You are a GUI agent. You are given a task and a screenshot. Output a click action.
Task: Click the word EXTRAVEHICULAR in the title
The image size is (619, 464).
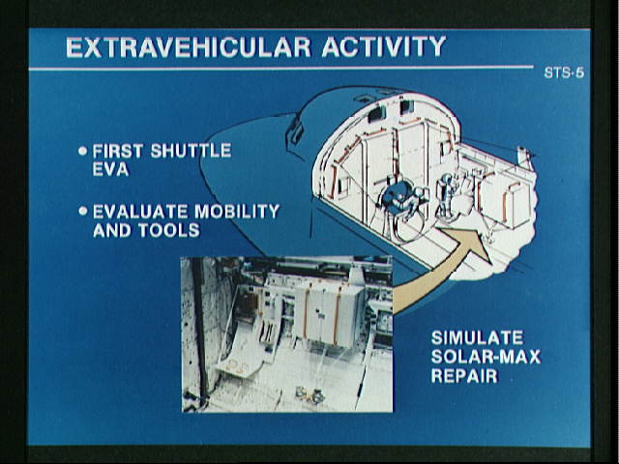pyautogui.click(x=189, y=47)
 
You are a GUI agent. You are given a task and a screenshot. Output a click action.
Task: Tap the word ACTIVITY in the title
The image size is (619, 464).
pyautogui.click(x=384, y=47)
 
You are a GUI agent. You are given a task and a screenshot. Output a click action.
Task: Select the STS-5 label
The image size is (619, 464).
pyautogui.click(x=564, y=72)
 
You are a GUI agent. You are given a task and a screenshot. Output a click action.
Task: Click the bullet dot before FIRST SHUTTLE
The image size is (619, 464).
pyautogui.click(x=82, y=151)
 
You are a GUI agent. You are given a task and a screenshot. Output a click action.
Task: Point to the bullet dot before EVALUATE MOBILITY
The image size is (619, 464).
pyautogui.click(x=82, y=211)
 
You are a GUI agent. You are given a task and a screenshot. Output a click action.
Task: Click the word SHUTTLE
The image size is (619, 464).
pyautogui.click(x=191, y=151)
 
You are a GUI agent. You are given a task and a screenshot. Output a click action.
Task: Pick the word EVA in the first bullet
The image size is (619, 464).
pyautogui.click(x=111, y=169)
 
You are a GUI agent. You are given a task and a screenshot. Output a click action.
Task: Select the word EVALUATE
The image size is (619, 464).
pyautogui.click(x=140, y=212)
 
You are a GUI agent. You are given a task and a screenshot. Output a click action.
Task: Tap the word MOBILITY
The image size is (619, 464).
pyautogui.click(x=237, y=212)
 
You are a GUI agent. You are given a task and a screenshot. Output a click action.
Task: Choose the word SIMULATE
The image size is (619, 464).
pyautogui.click(x=477, y=337)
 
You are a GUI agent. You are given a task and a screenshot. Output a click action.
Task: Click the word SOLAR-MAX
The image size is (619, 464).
pyautogui.click(x=486, y=357)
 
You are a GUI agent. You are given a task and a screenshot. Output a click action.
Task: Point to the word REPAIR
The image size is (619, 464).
pyautogui.click(x=464, y=376)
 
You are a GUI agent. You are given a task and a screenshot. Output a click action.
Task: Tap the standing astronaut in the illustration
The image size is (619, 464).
pyautogui.click(x=447, y=195)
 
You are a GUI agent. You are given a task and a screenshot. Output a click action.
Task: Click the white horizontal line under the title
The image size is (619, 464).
pyautogui.click(x=281, y=69)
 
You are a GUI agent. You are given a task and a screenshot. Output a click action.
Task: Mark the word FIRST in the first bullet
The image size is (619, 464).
pyautogui.click(x=118, y=151)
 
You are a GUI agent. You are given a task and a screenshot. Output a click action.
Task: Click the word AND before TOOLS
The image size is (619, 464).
pyautogui.click(x=112, y=230)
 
